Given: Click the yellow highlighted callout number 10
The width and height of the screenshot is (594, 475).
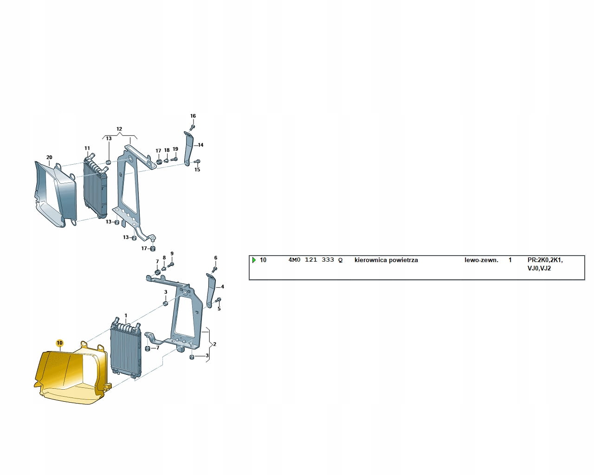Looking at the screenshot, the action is [59, 343].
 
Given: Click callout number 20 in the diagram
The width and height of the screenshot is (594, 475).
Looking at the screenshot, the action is [49, 157].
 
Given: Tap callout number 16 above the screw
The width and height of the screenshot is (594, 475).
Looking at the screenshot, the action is [193, 116].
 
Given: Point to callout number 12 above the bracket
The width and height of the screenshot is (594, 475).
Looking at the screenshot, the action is [119, 129].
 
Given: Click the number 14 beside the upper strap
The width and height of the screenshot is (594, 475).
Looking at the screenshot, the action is [200, 145].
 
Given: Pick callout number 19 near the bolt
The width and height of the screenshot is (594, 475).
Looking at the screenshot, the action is [175, 149].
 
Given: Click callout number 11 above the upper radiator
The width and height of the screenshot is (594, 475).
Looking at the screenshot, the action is [87, 148].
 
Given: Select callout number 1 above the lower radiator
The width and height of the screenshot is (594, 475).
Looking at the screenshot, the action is [126, 315].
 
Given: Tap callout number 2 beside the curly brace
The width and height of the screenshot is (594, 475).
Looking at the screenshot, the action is [214, 344].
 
